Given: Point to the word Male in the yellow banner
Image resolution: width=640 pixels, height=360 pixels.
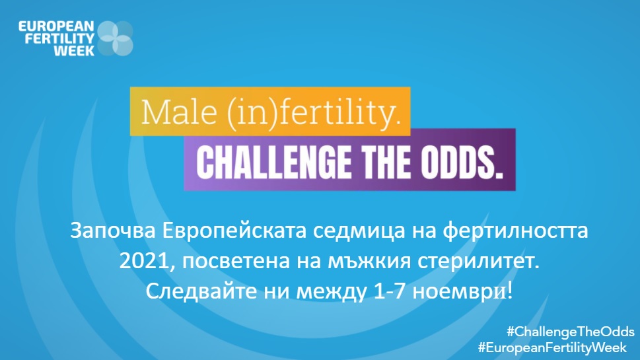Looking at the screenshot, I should [x=169, y=114].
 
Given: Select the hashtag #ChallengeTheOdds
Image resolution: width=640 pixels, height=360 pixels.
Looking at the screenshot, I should [x=570, y=331].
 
